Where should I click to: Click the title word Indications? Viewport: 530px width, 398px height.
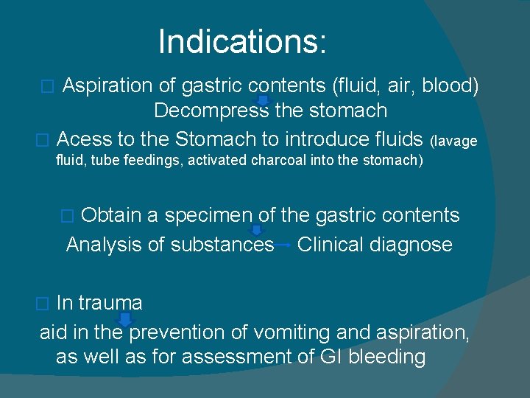[x=241, y=42]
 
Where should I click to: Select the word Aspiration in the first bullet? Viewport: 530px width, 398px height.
[x=107, y=86]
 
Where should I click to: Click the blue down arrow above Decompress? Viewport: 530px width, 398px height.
[x=263, y=101]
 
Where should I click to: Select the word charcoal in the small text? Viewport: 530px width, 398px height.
[x=285, y=160]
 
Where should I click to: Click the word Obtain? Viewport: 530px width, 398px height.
[x=112, y=215]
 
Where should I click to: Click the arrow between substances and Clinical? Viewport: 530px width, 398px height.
[x=283, y=245]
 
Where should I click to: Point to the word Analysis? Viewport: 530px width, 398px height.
[x=104, y=245]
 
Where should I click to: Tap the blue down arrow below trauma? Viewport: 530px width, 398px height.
[x=125, y=318]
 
